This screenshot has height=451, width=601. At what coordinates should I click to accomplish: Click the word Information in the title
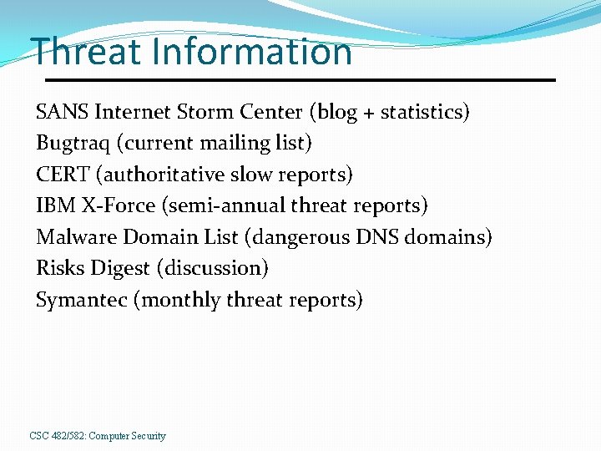click(252, 52)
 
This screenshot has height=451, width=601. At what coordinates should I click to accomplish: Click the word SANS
click(63, 112)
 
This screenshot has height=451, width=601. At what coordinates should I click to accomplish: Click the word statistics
click(422, 112)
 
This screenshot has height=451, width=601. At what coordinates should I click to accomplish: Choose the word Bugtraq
click(73, 144)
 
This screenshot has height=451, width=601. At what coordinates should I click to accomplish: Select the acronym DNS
click(378, 237)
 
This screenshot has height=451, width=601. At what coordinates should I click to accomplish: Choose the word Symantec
click(81, 300)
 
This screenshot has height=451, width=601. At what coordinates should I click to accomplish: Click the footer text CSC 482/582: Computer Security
click(98, 436)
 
